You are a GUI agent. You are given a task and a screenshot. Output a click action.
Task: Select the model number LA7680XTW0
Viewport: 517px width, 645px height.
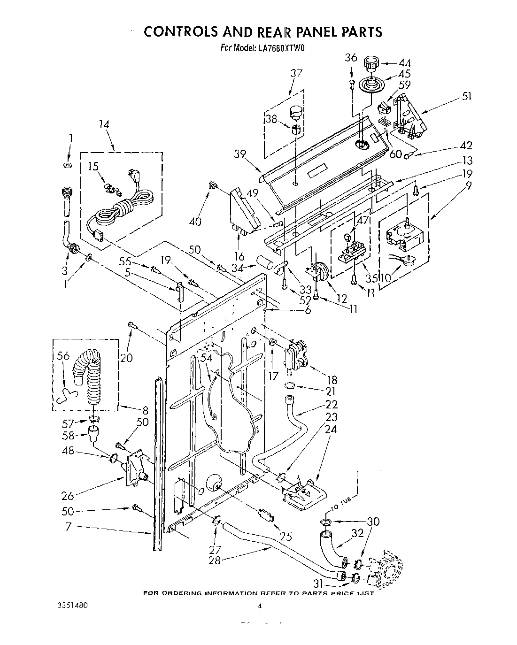click(x=281, y=47)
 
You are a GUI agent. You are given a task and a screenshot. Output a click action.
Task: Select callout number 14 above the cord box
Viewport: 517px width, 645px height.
click(x=104, y=125)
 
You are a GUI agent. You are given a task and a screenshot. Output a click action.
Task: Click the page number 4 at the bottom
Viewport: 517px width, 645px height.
click(x=259, y=606)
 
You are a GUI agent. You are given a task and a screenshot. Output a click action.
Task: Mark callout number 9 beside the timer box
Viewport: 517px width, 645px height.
click(x=469, y=185)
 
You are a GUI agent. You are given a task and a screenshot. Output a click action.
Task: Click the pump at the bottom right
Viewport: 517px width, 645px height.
click(x=387, y=569)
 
